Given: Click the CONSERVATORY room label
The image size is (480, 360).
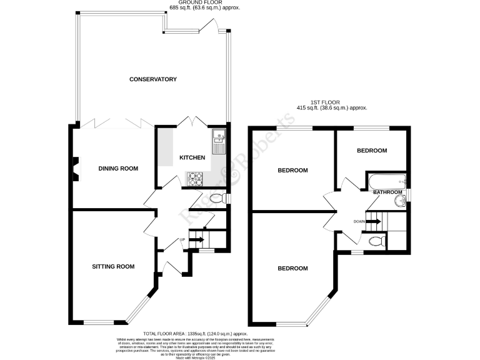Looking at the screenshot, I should [152, 79].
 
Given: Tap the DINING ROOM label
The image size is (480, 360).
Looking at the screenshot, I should [118, 169].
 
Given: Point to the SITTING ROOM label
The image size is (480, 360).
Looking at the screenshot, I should [113, 267].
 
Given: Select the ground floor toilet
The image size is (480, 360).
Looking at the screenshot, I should [215, 199].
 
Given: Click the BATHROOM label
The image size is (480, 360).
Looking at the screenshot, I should [387, 192].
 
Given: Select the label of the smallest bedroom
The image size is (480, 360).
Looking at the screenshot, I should [372, 151].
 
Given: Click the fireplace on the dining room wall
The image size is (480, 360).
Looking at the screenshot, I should [75, 168].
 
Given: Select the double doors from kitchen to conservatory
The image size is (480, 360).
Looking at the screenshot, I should [190, 122].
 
